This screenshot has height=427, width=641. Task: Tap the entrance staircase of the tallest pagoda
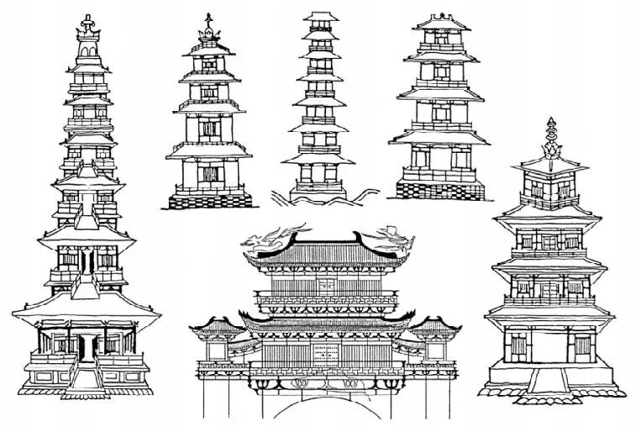[84, 377]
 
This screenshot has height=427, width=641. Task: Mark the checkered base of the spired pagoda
[209, 199]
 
